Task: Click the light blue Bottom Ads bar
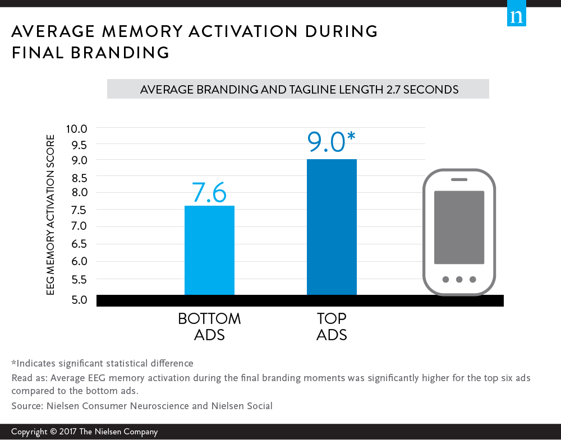(209, 250)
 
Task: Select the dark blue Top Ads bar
(332, 227)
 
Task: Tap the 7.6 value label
(209, 193)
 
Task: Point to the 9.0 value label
(326, 142)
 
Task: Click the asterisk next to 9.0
(351, 136)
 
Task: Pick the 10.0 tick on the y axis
(76, 129)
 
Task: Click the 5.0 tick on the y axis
(79, 299)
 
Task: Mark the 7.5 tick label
(79, 210)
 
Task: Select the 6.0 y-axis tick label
(79, 261)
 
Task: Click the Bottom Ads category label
(209, 326)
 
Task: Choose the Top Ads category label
(332, 326)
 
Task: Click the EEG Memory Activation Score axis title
(50, 215)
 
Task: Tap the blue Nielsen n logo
(516, 13)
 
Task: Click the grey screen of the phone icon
(459, 228)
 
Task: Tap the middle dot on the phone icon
(459, 280)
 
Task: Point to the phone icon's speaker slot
(459, 179)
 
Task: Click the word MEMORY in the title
(142, 31)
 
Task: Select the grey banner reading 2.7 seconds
(298, 89)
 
